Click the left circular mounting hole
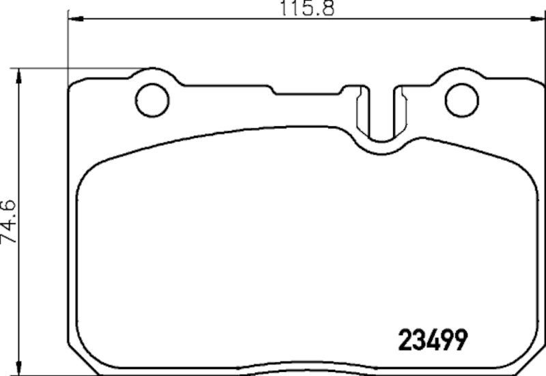pos(152,101)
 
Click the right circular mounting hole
pos(461,100)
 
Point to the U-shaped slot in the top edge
pos(381,113)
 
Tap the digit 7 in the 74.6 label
pos(10,237)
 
